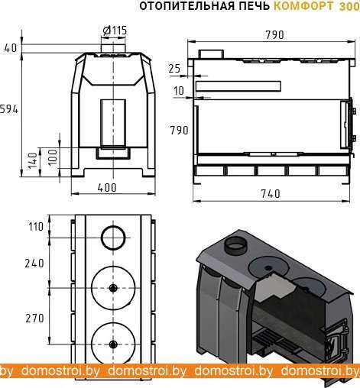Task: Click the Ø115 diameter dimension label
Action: pos(115,31)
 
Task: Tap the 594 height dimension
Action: pos(9,109)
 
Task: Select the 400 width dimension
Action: pos(107,188)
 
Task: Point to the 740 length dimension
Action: pos(271,194)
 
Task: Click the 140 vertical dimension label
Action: pos(33,160)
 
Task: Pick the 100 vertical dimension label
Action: pos(53,157)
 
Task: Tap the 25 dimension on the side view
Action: pos(174,69)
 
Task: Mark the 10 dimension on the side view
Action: pos(179,91)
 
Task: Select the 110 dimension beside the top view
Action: pos(36,227)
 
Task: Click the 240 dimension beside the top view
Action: pos(34,264)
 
